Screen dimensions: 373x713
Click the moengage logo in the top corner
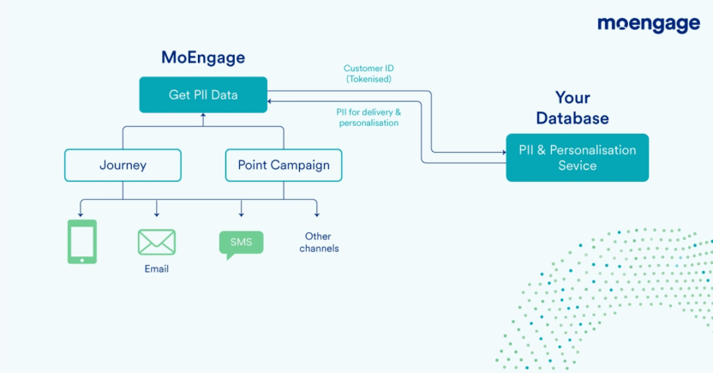point(648,25)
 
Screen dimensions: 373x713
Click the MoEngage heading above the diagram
point(203,57)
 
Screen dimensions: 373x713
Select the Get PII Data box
point(203,94)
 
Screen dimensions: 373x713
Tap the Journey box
point(123,165)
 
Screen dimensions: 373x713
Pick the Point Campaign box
point(283,165)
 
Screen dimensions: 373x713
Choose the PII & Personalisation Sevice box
point(577,158)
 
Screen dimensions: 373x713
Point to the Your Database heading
point(572,107)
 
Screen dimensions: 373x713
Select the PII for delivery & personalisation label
point(368,117)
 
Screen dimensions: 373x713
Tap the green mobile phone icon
point(82,242)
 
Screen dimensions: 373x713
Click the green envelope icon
point(157,242)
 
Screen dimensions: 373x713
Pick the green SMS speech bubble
point(241,244)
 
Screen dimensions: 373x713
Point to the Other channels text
point(319,242)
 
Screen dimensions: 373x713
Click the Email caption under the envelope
point(157,268)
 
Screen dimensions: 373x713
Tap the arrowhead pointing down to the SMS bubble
point(242,214)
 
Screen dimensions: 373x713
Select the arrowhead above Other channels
point(316,214)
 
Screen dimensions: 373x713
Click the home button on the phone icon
point(82,258)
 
